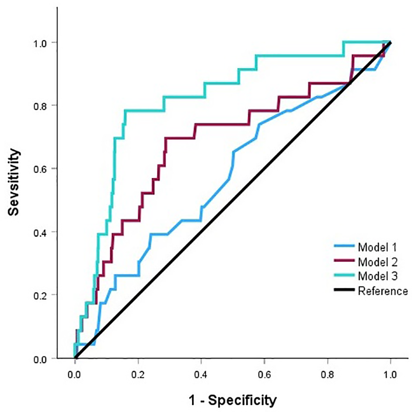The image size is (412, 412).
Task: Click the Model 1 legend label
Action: pyautogui.click(x=376, y=246)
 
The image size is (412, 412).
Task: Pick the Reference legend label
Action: pyautogui.click(x=382, y=291)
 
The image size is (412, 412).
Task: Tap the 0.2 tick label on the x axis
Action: pyautogui.click(x=138, y=374)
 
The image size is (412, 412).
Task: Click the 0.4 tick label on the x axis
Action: pyautogui.click(x=201, y=374)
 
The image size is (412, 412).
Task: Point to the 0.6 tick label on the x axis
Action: pyautogui.click(x=264, y=374)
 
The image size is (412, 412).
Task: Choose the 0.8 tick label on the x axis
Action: pyautogui.click(x=327, y=374)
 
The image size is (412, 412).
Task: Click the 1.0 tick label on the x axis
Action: pyautogui.click(x=390, y=374)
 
